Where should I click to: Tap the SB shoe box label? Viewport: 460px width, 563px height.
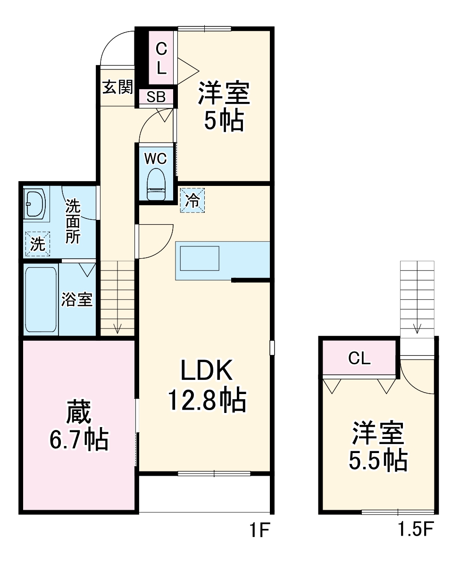[156, 97]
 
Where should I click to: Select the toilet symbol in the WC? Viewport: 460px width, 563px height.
[156, 186]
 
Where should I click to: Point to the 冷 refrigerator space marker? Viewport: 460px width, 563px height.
[192, 200]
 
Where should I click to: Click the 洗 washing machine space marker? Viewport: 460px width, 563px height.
[37, 244]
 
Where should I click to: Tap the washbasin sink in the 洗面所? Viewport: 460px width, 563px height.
[34, 204]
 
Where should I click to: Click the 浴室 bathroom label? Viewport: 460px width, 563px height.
[77, 299]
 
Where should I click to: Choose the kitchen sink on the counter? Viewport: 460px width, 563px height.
[199, 258]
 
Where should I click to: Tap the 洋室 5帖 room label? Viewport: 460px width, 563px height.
[224, 107]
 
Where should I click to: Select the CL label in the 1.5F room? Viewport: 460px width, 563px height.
[360, 359]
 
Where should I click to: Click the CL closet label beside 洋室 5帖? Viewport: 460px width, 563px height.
[161, 58]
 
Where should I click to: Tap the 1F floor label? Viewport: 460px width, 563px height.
[259, 532]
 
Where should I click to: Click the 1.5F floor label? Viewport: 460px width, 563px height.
[416, 532]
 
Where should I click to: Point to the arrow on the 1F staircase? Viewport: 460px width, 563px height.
[117, 327]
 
